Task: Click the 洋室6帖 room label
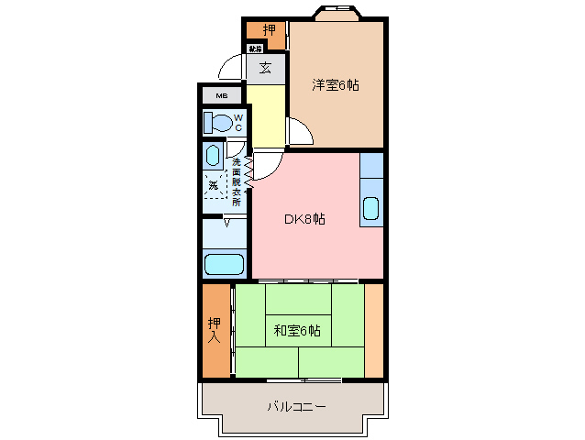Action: coord(335,85)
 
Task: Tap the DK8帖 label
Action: coord(304,219)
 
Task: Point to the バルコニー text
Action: coord(296,405)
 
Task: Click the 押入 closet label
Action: coord(215,330)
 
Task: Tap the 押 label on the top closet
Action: coord(268,30)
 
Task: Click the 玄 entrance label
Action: coord(265,67)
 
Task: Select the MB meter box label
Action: coord(221,95)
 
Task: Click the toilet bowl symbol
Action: coord(216,122)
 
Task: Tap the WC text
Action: coord(237,123)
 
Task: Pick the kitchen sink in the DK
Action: coord(370,210)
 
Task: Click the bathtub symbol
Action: coord(224,265)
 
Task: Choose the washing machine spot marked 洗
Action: coord(215,185)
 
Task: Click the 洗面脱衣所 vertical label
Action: coord(237,183)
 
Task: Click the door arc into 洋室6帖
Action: coord(302,130)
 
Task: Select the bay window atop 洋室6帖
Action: coord(336,14)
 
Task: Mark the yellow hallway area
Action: coord(265,115)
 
